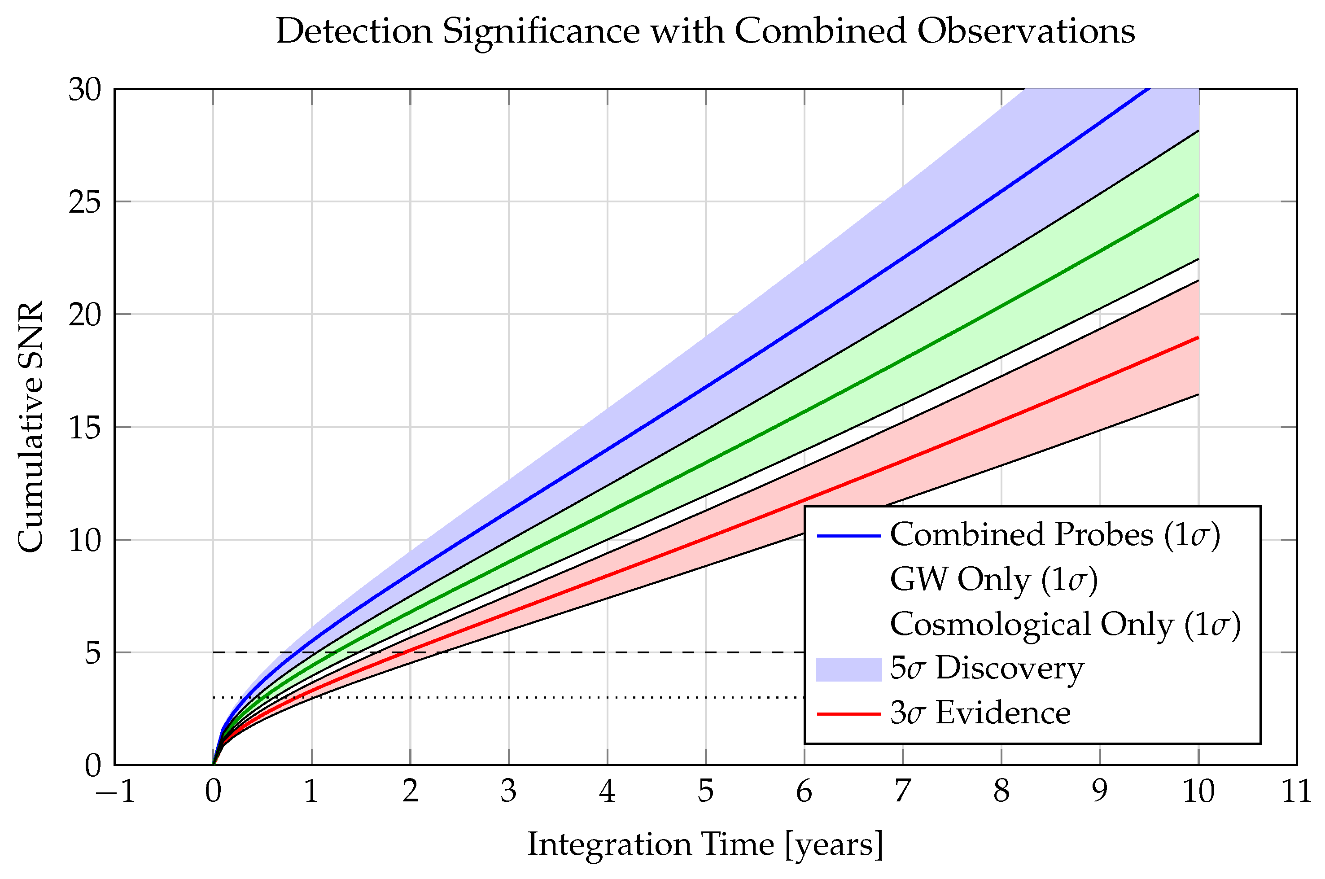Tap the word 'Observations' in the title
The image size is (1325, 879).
[1026, 31]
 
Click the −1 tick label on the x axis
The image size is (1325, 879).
[115, 792]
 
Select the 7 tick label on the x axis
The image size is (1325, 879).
[902, 792]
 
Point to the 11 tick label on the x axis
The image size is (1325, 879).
[1296, 792]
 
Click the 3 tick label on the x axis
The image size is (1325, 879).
[508, 792]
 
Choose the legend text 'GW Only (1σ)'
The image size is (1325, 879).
[993, 579]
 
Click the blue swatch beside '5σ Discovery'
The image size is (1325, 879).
[848, 669]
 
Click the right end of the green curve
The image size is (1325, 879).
[1198, 195]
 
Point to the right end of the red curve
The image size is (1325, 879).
[1198, 337]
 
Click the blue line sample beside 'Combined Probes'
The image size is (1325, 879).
[848, 536]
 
